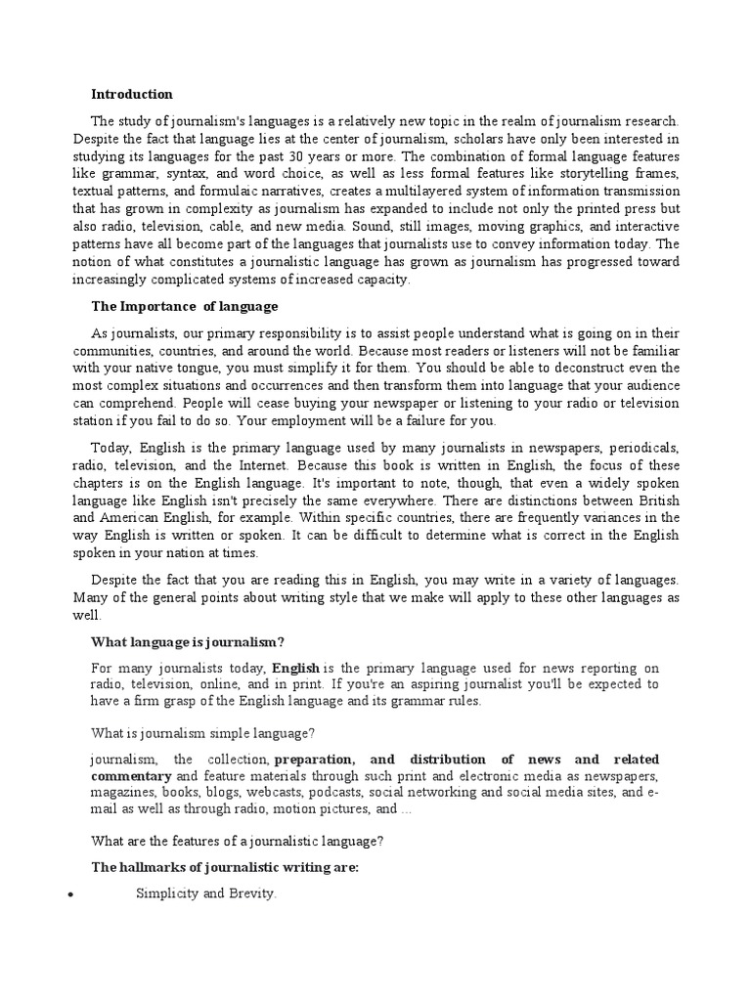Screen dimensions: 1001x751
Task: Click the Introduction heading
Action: click(131, 95)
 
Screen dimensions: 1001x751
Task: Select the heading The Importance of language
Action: click(184, 306)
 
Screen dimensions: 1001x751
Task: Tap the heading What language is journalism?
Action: click(187, 641)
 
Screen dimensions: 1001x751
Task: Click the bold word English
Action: click(295, 667)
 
